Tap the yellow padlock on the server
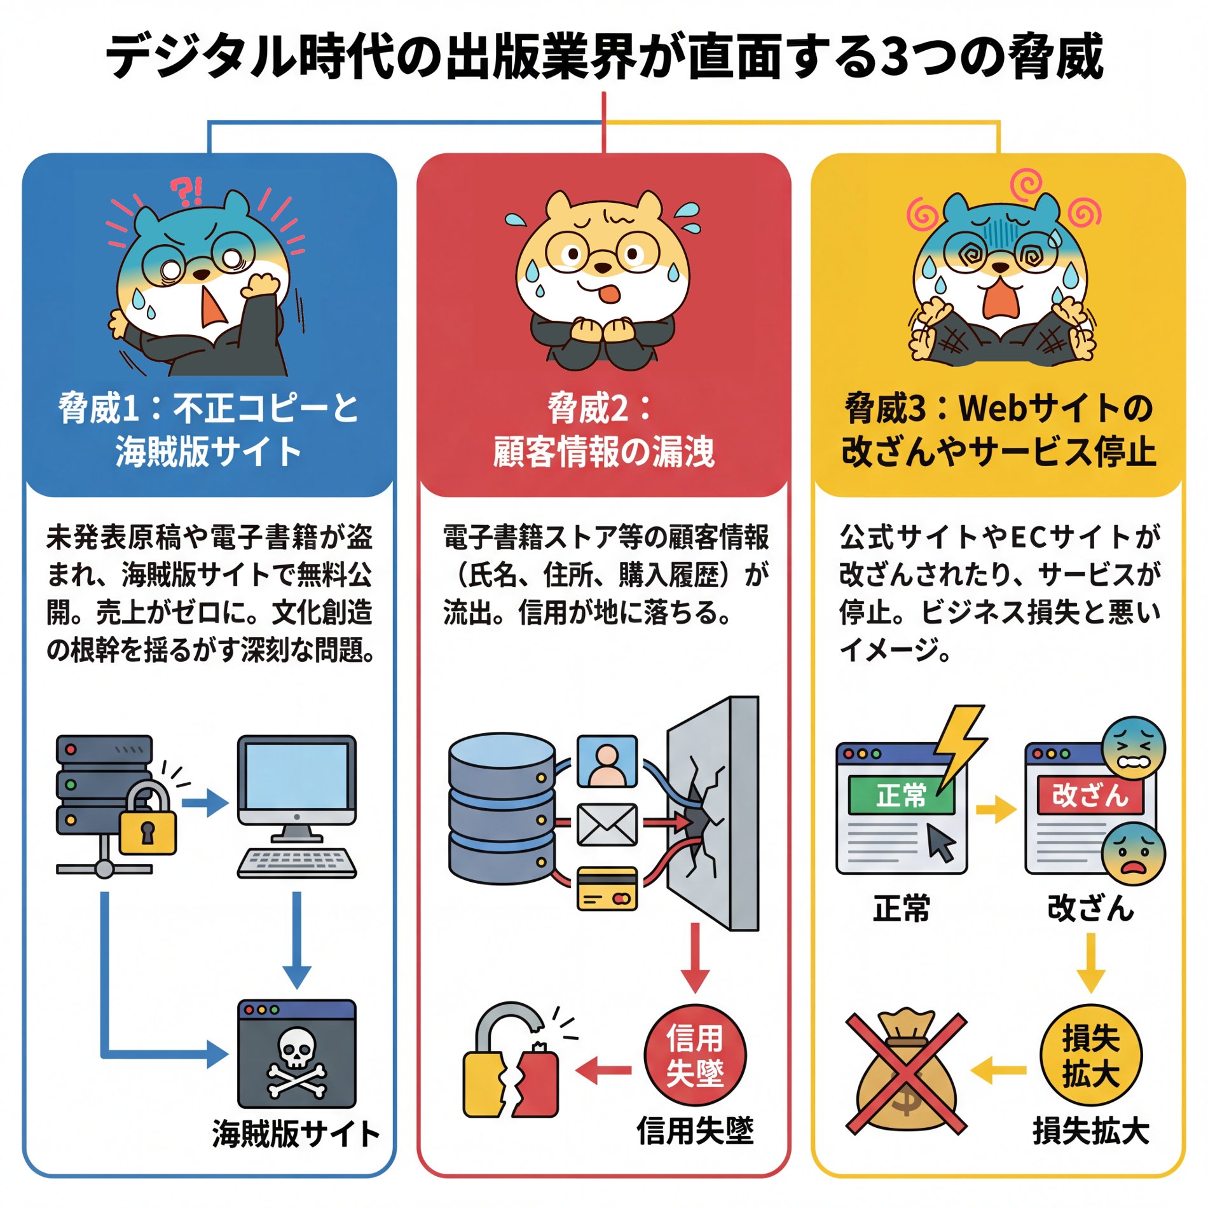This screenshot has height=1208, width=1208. (x=148, y=820)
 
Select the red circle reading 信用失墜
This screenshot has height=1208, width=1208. (x=694, y=1056)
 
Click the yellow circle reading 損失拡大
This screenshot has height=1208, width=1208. (x=1090, y=1056)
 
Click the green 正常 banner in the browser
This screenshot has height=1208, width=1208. (x=901, y=795)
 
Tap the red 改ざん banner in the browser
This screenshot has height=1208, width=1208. (x=1089, y=795)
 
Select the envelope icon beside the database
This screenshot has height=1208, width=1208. (x=607, y=825)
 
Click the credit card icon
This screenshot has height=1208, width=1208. (x=607, y=889)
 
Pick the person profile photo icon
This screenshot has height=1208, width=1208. (x=607, y=761)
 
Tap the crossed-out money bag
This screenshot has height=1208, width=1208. (x=906, y=1073)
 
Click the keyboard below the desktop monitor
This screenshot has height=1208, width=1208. (x=296, y=863)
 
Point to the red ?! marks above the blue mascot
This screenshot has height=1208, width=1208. (x=187, y=191)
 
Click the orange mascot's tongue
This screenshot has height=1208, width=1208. (x=610, y=295)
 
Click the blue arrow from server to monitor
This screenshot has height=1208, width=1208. (x=205, y=803)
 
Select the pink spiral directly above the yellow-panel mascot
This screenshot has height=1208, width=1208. (x=1025, y=183)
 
